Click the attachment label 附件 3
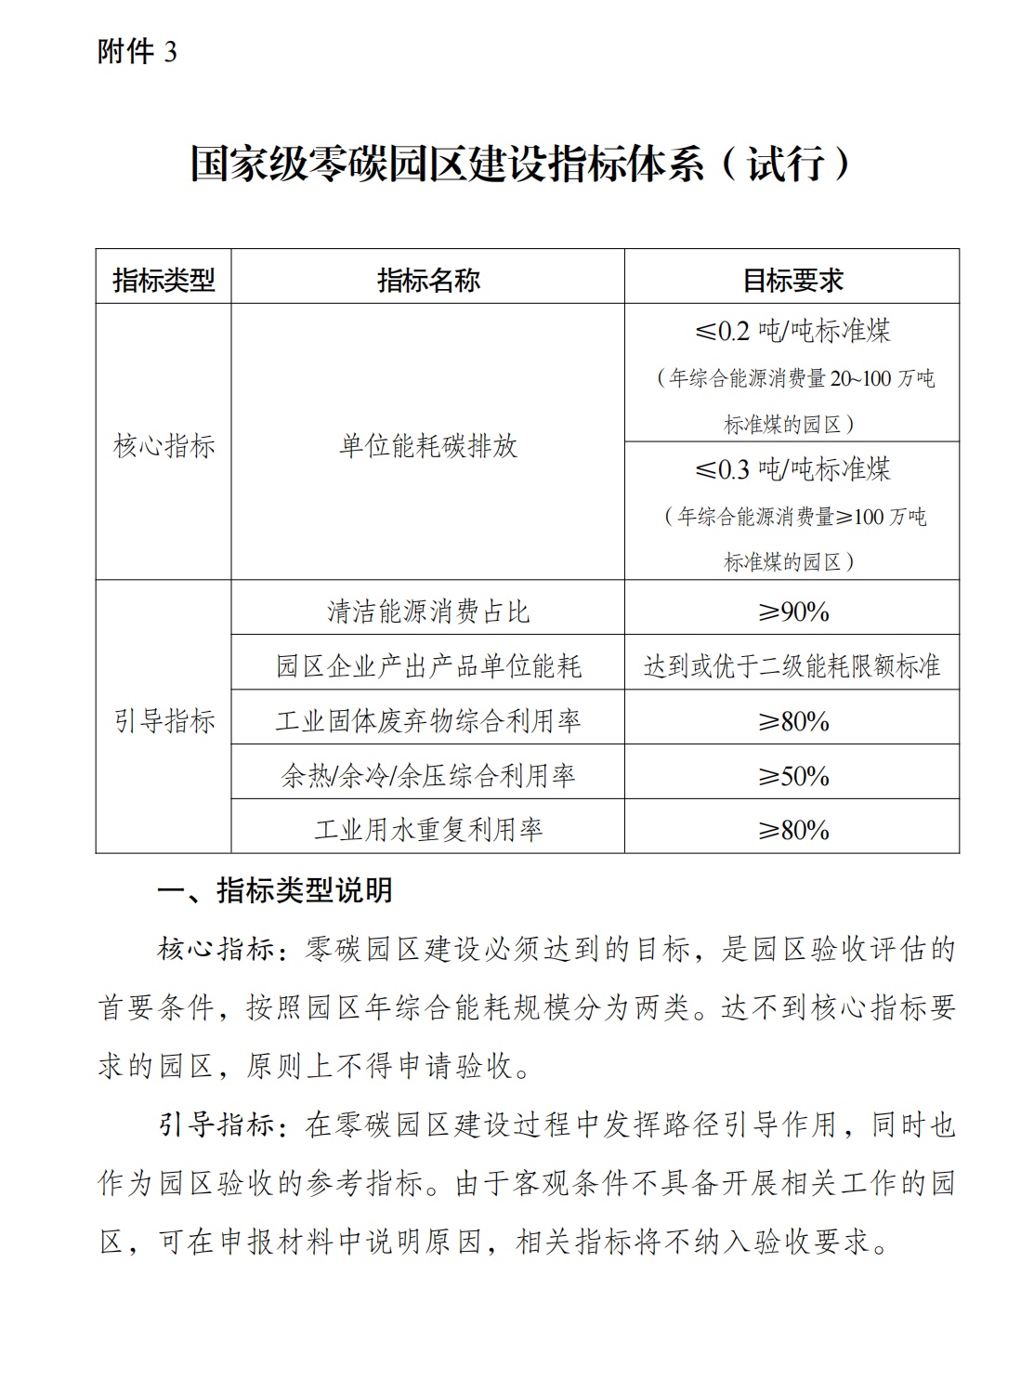click(x=137, y=51)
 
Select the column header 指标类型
click(x=164, y=280)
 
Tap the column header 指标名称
click(x=427, y=280)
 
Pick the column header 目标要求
click(x=792, y=280)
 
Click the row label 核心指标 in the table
click(x=164, y=446)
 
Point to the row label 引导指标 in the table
click(x=164, y=720)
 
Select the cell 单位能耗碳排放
click(x=427, y=446)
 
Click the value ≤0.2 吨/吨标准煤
click(x=792, y=330)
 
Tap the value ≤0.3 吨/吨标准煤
click(x=792, y=468)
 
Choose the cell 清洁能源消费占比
click(x=427, y=611)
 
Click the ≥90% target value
click(x=792, y=611)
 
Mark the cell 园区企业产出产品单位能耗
click(x=427, y=665)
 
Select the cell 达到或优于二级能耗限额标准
click(x=792, y=665)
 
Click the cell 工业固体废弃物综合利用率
click(x=427, y=720)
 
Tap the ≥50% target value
click(x=792, y=775)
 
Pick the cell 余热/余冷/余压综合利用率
click(x=427, y=775)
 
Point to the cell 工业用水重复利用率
click(x=427, y=829)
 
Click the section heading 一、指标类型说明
click(x=275, y=890)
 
